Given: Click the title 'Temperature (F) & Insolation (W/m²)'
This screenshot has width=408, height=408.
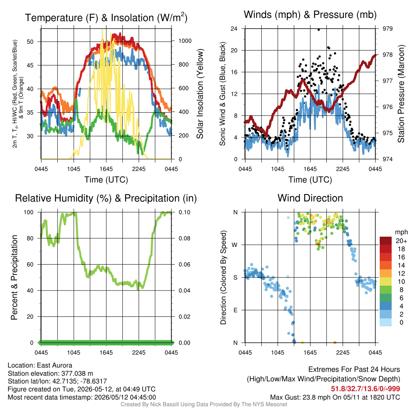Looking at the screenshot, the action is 106,18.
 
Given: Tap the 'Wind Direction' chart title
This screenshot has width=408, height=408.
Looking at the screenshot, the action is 310,198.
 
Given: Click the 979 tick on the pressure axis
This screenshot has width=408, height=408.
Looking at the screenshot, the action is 387,29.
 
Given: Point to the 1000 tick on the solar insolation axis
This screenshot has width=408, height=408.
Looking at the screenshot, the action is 185,41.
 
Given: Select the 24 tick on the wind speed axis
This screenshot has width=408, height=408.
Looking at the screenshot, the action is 234,29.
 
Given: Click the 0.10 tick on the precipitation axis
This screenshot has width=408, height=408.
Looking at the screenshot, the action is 184,212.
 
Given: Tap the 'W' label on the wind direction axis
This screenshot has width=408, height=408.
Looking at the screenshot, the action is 235,245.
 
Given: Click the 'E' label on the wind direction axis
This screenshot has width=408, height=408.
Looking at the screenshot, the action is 235,310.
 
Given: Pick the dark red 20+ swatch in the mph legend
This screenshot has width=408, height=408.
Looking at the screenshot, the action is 386,241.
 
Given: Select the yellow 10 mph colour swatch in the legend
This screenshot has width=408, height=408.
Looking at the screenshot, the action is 386,282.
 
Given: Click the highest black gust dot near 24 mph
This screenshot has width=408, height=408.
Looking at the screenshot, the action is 319,29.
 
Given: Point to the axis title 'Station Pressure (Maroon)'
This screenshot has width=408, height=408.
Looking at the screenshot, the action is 401,94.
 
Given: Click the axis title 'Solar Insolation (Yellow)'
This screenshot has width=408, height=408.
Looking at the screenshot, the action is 200,94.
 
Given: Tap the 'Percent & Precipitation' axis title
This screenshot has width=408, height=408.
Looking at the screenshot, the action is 14,277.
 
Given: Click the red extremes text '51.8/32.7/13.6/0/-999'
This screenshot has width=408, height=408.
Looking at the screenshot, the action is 365,389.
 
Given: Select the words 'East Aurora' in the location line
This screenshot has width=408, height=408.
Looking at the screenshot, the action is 54,365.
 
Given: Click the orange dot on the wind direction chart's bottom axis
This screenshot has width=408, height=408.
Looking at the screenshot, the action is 335,342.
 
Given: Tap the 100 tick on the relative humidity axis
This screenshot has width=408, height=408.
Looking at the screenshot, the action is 29,212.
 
